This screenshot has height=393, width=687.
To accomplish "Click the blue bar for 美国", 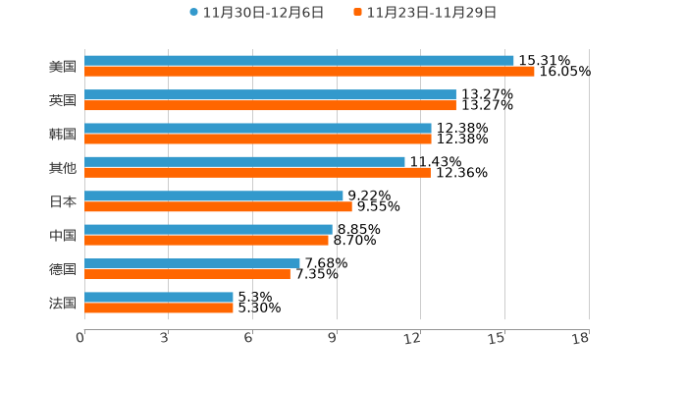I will [x=299, y=61].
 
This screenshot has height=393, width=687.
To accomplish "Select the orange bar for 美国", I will [x=309, y=72].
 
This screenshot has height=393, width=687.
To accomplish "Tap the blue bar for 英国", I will [x=270, y=94].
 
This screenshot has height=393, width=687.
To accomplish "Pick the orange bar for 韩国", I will [x=258, y=140].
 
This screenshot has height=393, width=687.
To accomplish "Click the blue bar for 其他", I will [x=244, y=162].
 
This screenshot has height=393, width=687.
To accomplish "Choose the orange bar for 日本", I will [x=218, y=207].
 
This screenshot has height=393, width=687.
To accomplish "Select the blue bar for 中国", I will [x=208, y=230].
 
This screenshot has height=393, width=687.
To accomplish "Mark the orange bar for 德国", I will [x=187, y=275].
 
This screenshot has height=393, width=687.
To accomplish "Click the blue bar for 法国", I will [x=159, y=297].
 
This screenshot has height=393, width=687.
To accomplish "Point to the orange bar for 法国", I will [x=159, y=309].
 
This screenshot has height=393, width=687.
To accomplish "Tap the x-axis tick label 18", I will [x=581, y=339].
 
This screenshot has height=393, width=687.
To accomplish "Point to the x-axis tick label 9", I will [x=334, y=339].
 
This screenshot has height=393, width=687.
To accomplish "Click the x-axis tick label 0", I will [x=80, y=339].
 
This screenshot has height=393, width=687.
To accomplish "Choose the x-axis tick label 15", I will [x=498, y=339].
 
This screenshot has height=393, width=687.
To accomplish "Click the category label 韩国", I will [x=63, y=134].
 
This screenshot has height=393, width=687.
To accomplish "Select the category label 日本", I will [x=63, y=201].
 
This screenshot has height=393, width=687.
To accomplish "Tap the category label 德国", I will [x=63, y=269].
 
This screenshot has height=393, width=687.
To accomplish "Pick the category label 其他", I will [x=63, y=168].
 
